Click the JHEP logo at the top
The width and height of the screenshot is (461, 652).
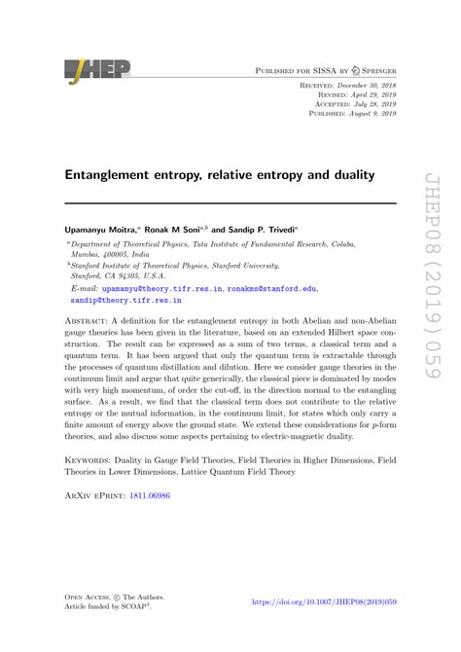(x=96, y=71)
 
